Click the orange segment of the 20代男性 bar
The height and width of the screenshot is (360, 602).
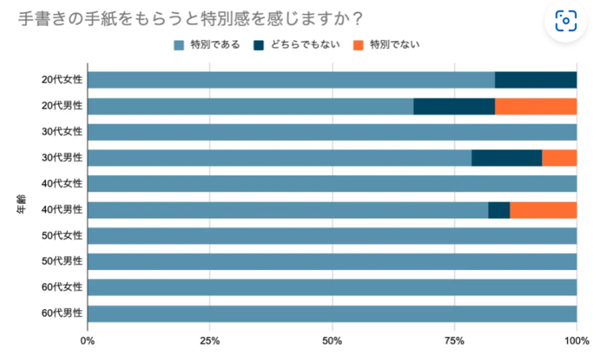[x=536, y=106]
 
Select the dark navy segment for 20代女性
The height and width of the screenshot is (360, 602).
[x=536, y=80]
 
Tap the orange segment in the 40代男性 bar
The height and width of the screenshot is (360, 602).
[x=543, y=210]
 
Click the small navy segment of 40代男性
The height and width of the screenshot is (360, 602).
[x=499, y=210]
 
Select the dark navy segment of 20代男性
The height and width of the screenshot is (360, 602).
[x=454, y=106]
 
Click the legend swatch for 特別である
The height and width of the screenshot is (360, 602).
[x=179, y=44]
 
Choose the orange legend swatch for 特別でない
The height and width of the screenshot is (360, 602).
[x=358, y=44]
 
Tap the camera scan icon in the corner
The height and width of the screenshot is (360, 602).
[x=566, y=21]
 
